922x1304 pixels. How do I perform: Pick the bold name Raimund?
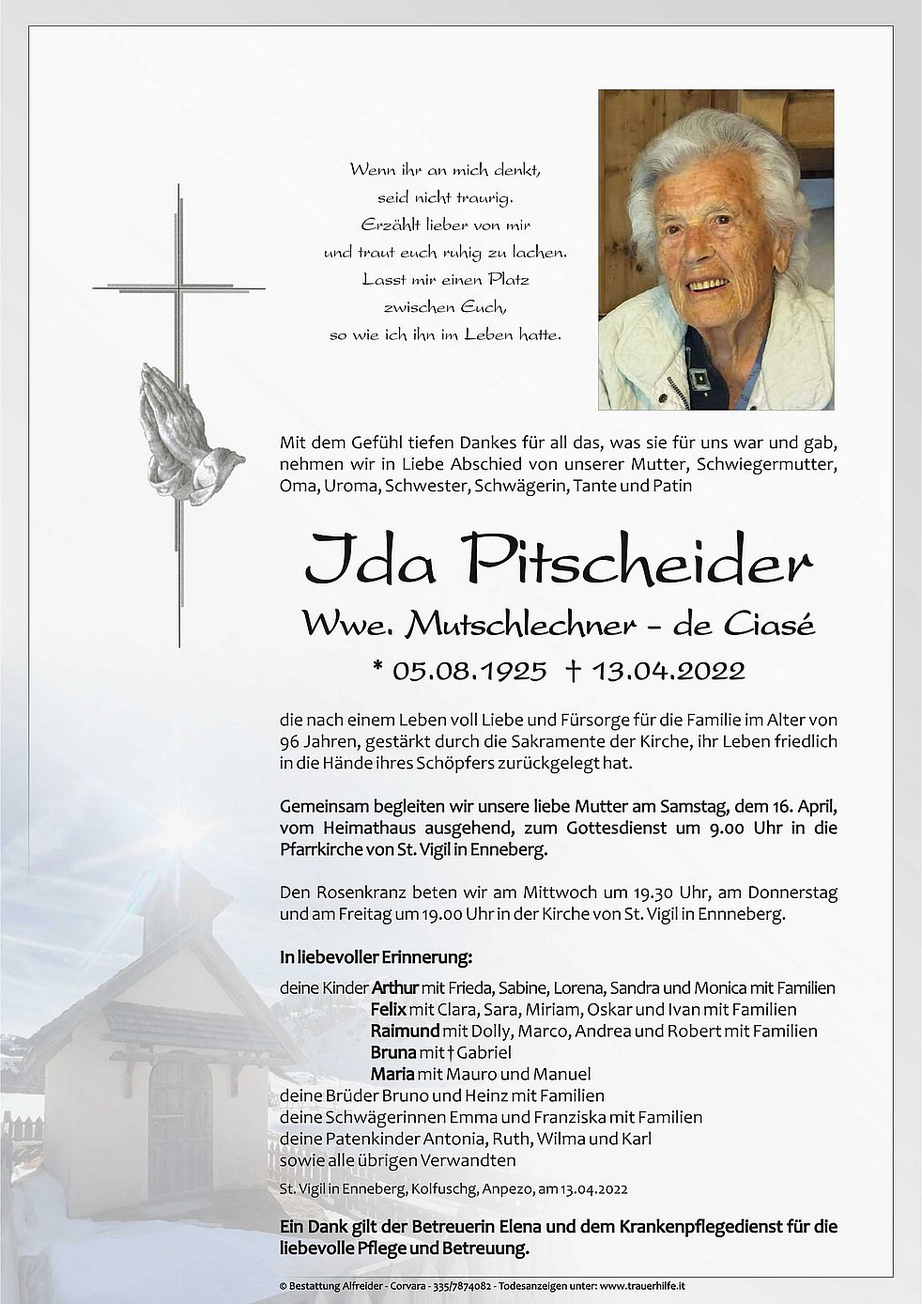tap(405, 1031)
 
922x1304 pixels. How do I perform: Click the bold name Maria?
tap(393, 1074)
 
